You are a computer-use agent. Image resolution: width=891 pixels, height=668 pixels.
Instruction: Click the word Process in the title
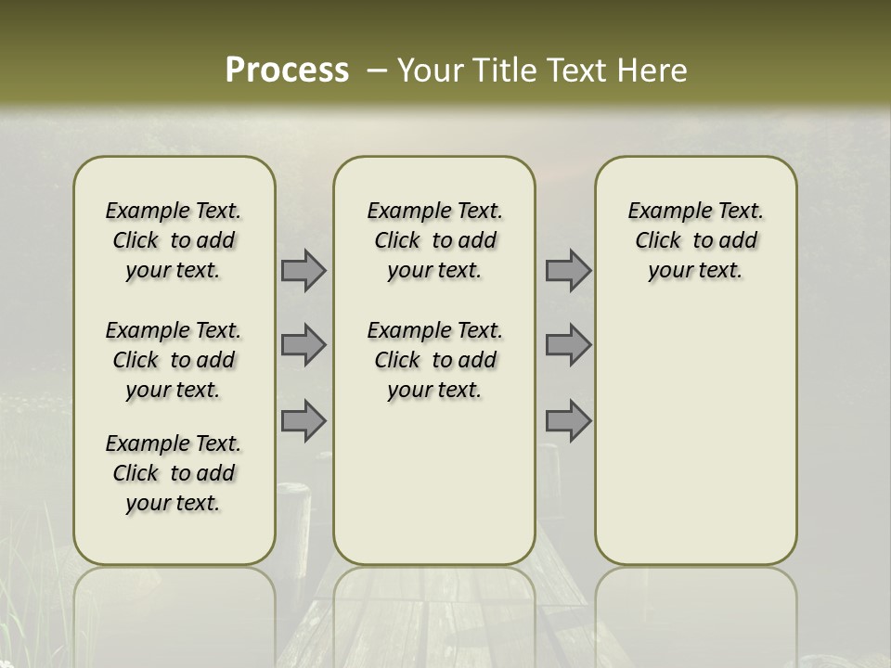[287, 71]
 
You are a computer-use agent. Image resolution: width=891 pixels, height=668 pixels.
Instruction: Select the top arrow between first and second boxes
[303, 270]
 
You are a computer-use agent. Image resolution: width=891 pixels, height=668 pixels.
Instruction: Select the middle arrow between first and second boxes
[303, 345]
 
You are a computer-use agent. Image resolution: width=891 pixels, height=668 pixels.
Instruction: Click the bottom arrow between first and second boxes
[303, 420]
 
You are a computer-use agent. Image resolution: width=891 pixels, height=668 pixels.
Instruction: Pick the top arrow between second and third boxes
[568, 270]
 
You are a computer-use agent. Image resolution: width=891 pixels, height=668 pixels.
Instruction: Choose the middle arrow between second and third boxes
[568, 345]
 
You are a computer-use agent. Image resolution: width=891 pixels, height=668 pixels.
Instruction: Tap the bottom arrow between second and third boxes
[568, 420]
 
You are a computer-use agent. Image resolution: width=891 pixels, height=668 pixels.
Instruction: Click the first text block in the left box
[174, 240]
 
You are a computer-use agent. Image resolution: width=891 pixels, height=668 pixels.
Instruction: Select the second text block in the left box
[174, 360]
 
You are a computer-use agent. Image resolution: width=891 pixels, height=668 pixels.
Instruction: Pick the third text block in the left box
[174, 473]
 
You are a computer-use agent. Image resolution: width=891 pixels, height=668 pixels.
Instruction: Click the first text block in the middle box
[435, 240]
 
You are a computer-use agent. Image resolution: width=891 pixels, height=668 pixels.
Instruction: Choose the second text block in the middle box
[435, 360]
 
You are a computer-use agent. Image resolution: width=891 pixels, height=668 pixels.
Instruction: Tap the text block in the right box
[696, 240]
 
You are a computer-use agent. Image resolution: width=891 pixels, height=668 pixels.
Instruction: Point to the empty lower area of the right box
[696, 436]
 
